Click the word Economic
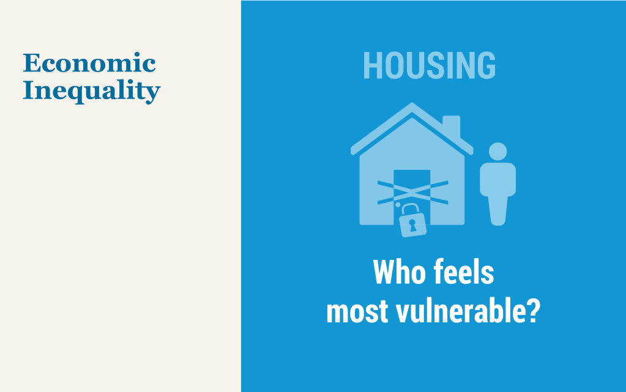point(89,63)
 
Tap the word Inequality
point(92,91)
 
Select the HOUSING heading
point(429,65)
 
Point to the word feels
point(464,272)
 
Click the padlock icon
point(412,221)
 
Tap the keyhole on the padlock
point(412,225)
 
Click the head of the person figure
point(498,152)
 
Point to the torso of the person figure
point(498,179)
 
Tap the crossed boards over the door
point(413,193)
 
